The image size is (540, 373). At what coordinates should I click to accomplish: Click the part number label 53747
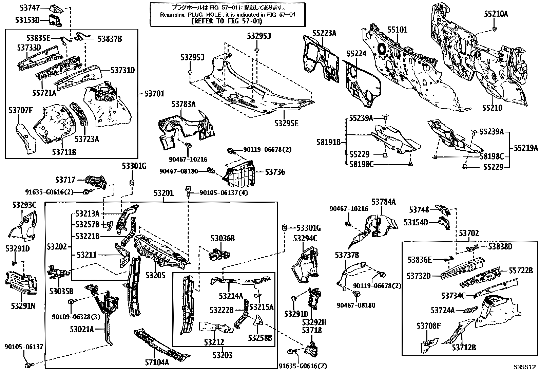coord(28,7)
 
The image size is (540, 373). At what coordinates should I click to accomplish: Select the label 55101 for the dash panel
coord(397,30)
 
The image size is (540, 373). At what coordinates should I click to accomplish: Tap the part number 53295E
coord(287,123)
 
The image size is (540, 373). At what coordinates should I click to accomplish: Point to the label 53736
coord(275,172)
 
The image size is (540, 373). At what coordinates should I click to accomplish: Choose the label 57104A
coord(157,362)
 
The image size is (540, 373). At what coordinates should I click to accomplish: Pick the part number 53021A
coord(82,329)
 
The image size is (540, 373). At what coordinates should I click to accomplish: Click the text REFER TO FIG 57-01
coord(227,21)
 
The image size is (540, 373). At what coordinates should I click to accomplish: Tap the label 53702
coord(469,233)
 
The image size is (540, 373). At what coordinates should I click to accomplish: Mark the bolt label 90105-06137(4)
coord(224,193)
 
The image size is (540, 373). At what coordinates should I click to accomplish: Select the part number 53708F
coord(428,326)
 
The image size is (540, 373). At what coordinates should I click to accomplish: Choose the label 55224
coord(356,54)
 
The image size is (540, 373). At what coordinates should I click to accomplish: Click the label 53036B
coord(223,239)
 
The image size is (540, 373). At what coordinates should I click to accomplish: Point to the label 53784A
coord(383,202)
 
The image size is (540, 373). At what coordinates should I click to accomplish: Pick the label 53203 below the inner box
coord(223,355)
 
